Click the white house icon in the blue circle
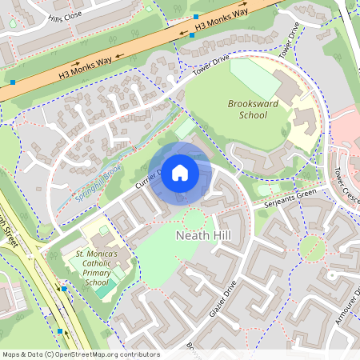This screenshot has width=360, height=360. coord(180,172)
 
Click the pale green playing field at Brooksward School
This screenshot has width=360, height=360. coord(255,79)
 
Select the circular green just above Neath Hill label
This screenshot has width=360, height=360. coord(194,219)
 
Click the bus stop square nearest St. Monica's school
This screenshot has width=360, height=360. coord(65,289)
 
